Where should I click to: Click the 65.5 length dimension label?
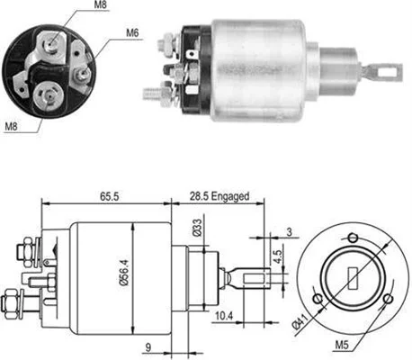coord(110,196)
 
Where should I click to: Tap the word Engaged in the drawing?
coord(230,197)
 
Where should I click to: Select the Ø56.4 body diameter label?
coord(124,273)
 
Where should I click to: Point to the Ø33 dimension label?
coord(197,228)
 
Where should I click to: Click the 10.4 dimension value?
coord(224,316)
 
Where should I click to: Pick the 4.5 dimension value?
coord(278,256)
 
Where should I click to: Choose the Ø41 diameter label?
coord(300,321)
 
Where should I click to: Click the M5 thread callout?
coord(342,345)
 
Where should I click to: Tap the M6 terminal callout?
coord(132,32)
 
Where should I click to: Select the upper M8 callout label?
coord(101,4)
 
